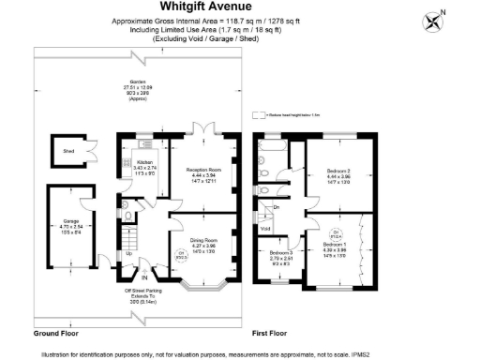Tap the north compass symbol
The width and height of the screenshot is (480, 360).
pos(434,20)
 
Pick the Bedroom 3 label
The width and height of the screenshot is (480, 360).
pos(280,253)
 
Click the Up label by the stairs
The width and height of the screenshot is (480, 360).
pos(128,254)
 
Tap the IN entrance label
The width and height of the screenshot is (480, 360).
pos(144,277)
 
